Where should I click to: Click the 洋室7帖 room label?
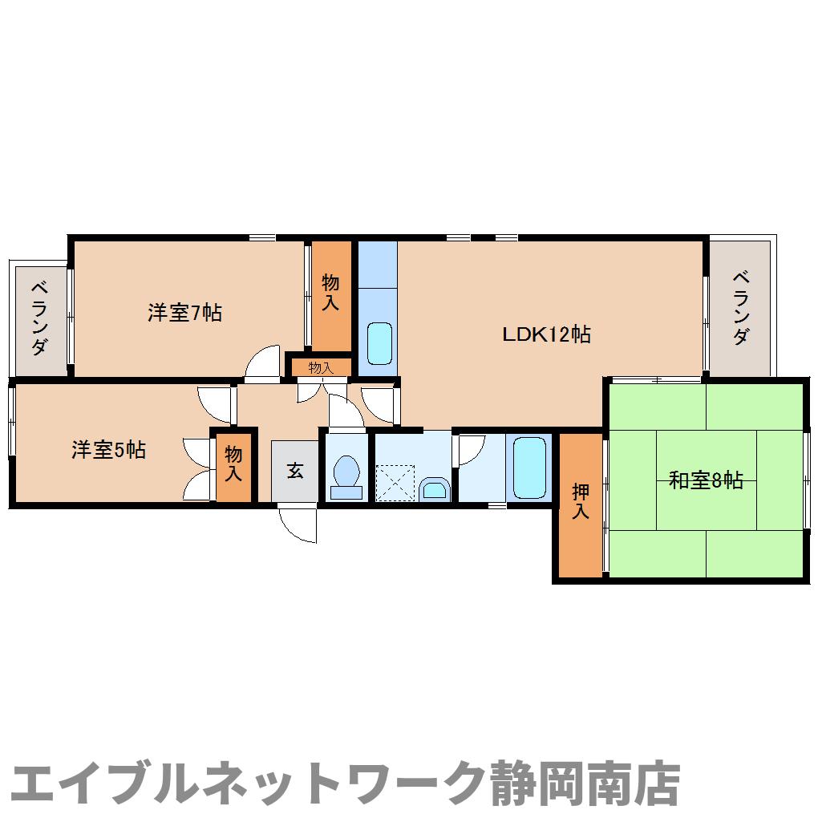point(184,313)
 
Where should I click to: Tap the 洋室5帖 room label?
point(108,450)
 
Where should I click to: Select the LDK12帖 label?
point(546,334)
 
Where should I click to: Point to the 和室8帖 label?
point(706,480)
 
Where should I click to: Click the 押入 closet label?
point(580,501)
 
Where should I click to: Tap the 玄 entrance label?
point(295,471)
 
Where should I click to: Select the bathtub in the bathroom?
point(529,468)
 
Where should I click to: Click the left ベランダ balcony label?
point(38,318)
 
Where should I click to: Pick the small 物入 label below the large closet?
point(320,368)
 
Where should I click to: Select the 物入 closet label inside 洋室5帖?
point(233,464)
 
